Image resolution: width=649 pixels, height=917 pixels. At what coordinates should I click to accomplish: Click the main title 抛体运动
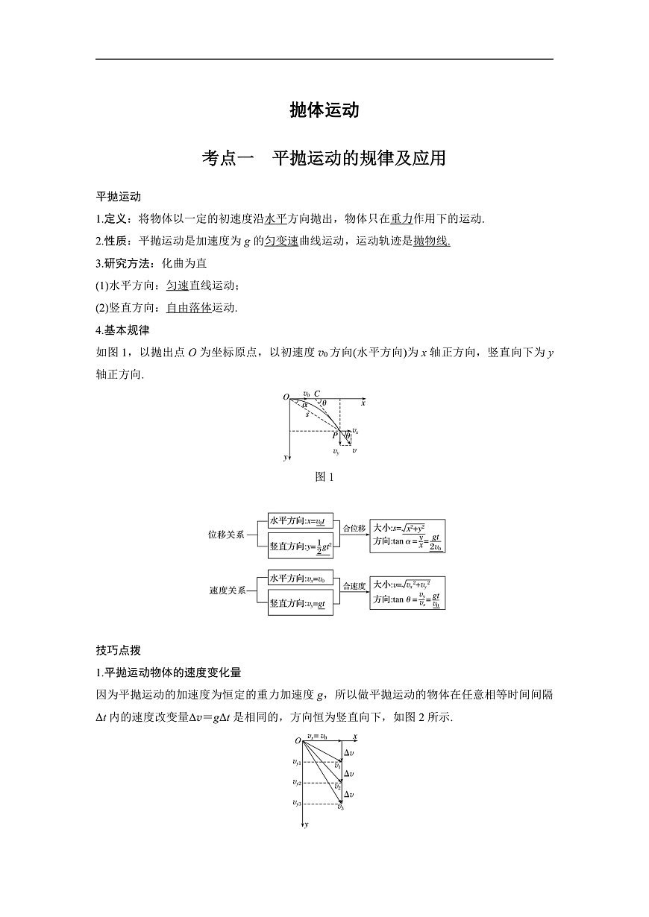click(x=324, y=110)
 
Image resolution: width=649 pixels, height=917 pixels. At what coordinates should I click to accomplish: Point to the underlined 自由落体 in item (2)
click(x=189, y=307)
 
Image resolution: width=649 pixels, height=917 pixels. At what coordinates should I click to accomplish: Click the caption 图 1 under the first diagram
click(x=324, y=477)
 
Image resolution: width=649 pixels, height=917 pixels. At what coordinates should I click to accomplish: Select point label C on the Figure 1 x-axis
click(x=317, y=394)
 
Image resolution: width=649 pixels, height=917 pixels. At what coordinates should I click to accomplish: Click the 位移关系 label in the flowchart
click(x=226, y=535)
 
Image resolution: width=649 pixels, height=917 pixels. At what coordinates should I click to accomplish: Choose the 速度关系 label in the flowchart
click(x=226, y=590)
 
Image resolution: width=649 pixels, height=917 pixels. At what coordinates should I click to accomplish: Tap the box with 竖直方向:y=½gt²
click(x=300, y=547)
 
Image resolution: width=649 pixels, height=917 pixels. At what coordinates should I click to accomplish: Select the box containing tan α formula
click(x=407, y=535)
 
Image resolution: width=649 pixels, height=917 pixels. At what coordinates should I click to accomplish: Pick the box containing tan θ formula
click(x=407, y=591)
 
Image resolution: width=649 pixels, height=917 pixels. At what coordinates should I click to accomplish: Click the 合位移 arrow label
click(x=354, y=529)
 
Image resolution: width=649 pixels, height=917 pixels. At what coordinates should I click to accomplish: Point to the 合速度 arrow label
click(x=354, y=586)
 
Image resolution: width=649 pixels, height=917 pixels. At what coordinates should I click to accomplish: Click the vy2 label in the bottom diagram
click(x=297, y=783)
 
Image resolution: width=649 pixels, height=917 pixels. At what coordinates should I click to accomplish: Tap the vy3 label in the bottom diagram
click(x=297, y=803)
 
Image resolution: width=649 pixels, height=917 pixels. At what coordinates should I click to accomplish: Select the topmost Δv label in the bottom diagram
click(x=349, y=753)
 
